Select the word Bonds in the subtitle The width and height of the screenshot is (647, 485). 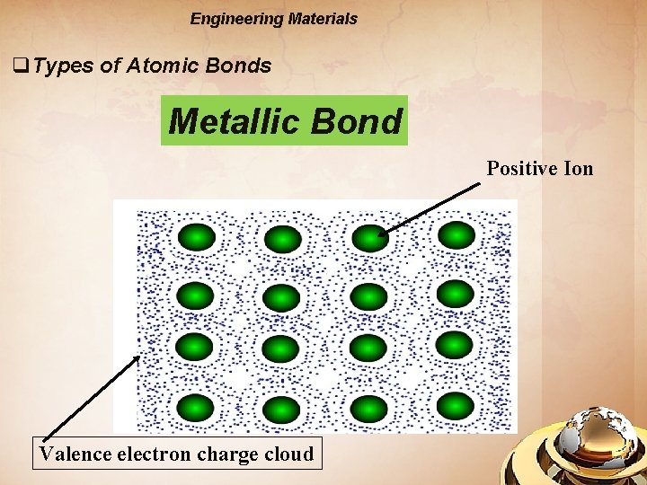238,66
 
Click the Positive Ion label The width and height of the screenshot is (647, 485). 540,168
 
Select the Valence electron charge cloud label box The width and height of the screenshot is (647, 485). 176,454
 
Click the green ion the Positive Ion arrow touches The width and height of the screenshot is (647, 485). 369,237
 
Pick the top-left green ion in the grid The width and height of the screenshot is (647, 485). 197,238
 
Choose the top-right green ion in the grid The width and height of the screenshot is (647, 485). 456,235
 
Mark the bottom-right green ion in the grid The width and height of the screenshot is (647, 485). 456,405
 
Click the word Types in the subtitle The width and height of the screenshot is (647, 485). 64,66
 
